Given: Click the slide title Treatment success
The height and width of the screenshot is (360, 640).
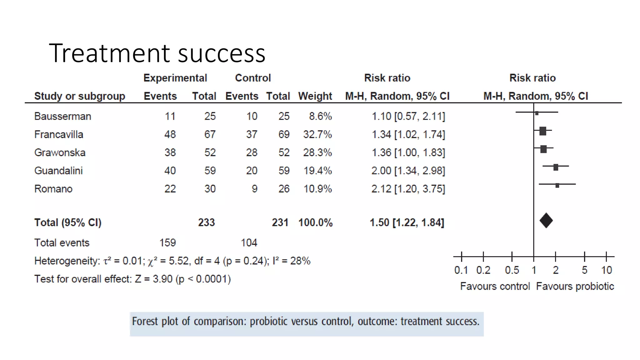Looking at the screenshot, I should point(157,53).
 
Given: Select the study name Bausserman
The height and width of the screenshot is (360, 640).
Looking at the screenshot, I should point(62,116).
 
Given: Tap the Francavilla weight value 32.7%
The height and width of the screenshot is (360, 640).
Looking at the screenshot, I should point(317,134).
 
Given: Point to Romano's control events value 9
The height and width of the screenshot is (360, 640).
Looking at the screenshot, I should point(254,189).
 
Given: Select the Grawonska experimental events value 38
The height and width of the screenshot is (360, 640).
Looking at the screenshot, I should point(170,152).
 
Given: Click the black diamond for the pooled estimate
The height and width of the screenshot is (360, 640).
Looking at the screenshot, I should point(546,221).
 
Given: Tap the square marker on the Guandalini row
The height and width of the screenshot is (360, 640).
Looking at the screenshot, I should point(556,167).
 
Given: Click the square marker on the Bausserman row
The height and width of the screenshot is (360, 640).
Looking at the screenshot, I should point(537,113).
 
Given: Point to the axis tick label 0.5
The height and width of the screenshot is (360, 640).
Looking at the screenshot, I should point(512,270).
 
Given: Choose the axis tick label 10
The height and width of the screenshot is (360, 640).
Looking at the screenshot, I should point(607,270).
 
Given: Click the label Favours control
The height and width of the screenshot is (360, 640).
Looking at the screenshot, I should point(495,286).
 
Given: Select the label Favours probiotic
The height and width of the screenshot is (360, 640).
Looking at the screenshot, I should point(575,286).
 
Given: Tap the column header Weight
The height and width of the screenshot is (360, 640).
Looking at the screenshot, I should point(315,96).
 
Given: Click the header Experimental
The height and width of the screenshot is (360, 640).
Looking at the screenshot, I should point(175,78).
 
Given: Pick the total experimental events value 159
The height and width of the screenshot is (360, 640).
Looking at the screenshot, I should point(167,243).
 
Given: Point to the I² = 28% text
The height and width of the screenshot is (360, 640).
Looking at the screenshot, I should point(291,261).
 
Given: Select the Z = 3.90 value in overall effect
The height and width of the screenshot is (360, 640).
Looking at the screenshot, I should point(153,279).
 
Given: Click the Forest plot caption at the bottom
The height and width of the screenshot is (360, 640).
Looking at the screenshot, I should point(305,322).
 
